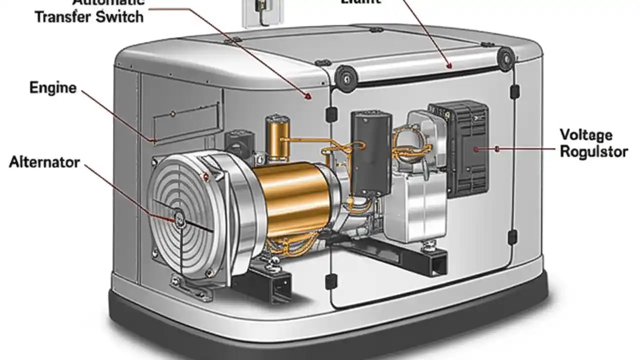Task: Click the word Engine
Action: (x=53, y=88)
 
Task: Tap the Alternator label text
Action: (x=44, y=162)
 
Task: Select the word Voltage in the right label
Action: (x=585, y=135)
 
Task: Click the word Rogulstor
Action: (x=593, y=151)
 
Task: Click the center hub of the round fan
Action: (x=179, y=217)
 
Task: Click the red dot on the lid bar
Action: (x=449, y=65)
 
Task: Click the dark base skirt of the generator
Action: (x=320, y=330)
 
